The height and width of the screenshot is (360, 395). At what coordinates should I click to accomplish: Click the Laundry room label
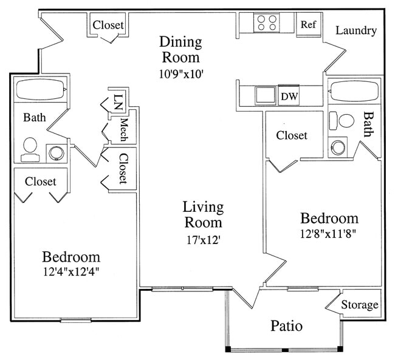(355, 30)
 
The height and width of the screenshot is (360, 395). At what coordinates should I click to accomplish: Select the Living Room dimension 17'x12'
(203, 239)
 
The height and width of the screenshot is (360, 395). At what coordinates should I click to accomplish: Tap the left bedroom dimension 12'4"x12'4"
(70, 272)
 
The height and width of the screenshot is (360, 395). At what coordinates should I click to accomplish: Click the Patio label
(286, 326)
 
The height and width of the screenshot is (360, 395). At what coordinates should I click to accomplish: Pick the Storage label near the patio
(359, 305)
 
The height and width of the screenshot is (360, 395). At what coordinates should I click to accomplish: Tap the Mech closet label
(123, 129)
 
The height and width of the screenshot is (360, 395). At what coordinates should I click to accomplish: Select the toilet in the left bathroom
(30, 149)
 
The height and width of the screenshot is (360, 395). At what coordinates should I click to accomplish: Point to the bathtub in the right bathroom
(354, 92)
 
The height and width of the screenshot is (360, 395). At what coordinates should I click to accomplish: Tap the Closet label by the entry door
(108, 25)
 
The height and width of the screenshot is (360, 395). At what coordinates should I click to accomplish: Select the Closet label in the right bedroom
(292, 135)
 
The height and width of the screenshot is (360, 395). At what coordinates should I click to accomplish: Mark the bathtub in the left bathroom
(39, 90)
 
